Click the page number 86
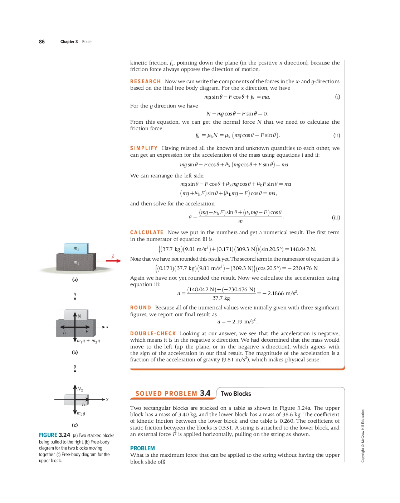[42, 42]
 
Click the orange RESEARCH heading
[145, 81]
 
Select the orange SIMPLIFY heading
[144, 148]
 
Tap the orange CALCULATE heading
[147, 232]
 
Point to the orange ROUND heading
[141, 308]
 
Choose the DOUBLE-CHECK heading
[153, 333]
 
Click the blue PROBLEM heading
[142, 448]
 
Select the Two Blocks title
[236, 394]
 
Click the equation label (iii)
[336, 217]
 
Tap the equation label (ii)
[337, 136]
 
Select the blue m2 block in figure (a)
[76, 248]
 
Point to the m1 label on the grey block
[76, 262]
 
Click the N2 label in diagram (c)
[80, 389]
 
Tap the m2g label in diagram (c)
[81, 413]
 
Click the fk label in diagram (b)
[65, 332]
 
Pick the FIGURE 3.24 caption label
[54, 435]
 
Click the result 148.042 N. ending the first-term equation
[303, 249]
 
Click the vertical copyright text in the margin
[363, 436]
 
